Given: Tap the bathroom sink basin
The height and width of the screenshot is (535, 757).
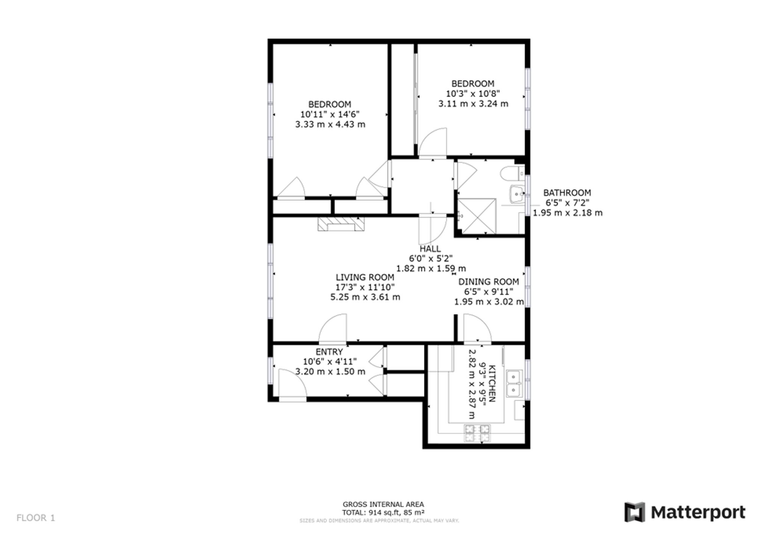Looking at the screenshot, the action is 517,194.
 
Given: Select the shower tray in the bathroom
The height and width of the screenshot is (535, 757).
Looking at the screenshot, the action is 477,216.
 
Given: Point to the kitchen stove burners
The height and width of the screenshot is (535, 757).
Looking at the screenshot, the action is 477,433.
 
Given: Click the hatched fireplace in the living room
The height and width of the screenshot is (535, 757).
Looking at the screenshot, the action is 341,223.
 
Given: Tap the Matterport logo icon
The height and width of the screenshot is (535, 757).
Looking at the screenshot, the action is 635,512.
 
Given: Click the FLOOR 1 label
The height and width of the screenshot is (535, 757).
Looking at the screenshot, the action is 36,518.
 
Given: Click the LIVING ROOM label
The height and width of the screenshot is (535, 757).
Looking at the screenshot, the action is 365,277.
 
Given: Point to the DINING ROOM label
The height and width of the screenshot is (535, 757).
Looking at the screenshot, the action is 489,282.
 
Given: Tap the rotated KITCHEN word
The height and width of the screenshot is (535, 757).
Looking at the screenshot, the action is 492,384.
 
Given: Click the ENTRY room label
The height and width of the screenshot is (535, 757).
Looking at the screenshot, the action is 329,352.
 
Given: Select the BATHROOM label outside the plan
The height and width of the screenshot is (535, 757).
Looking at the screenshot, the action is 567,193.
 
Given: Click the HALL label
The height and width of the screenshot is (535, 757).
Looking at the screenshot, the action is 430,249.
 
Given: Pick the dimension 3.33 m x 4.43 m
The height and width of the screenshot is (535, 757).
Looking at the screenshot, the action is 330,124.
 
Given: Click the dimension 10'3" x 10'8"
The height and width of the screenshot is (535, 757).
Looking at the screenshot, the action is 473,94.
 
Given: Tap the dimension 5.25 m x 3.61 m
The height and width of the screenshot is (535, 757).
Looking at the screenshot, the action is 365,297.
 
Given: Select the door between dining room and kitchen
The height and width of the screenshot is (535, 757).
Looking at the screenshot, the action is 478,328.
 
